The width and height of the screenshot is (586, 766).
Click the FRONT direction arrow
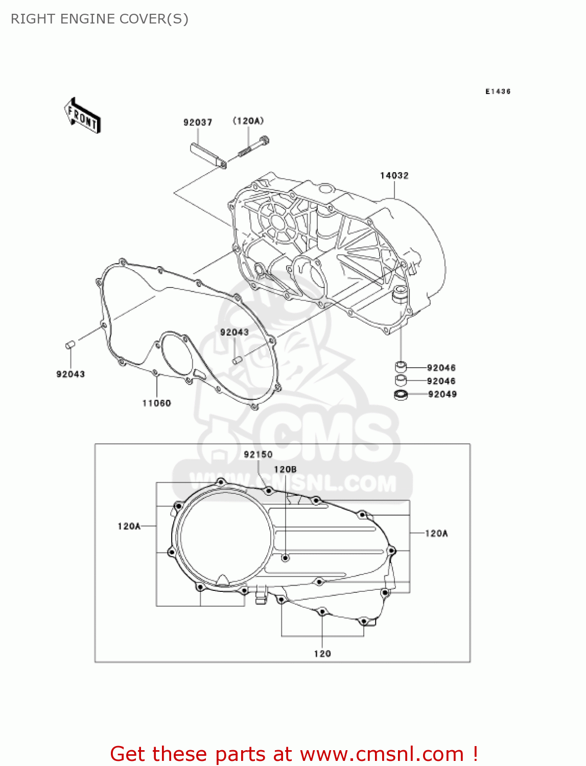point(82,116)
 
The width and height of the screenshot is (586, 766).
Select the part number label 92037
point(198,123)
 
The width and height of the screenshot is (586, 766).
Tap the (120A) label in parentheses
point(248,121)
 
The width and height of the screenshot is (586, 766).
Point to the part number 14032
point(394,176)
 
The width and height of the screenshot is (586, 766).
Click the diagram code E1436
point(498,91)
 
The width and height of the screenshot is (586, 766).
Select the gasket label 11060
point(156,403)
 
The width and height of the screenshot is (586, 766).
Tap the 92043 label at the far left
point(71,374)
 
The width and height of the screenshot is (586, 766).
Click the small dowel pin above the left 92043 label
point(71,345)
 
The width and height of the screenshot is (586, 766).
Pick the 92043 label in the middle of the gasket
point(234,332)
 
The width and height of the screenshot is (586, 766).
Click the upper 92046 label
point(441,368)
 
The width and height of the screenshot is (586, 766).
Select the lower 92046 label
point(441,381)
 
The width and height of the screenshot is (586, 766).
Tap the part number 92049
point(442,394)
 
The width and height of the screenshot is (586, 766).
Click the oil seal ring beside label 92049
point(401,395)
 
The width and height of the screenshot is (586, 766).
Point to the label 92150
point(258,454)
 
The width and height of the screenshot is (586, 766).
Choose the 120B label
point(285,469)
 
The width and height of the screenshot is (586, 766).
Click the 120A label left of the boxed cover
point(129,526)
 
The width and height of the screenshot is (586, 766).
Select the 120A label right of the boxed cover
point(436,534)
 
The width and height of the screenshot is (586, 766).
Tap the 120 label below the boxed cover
point(322,654)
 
